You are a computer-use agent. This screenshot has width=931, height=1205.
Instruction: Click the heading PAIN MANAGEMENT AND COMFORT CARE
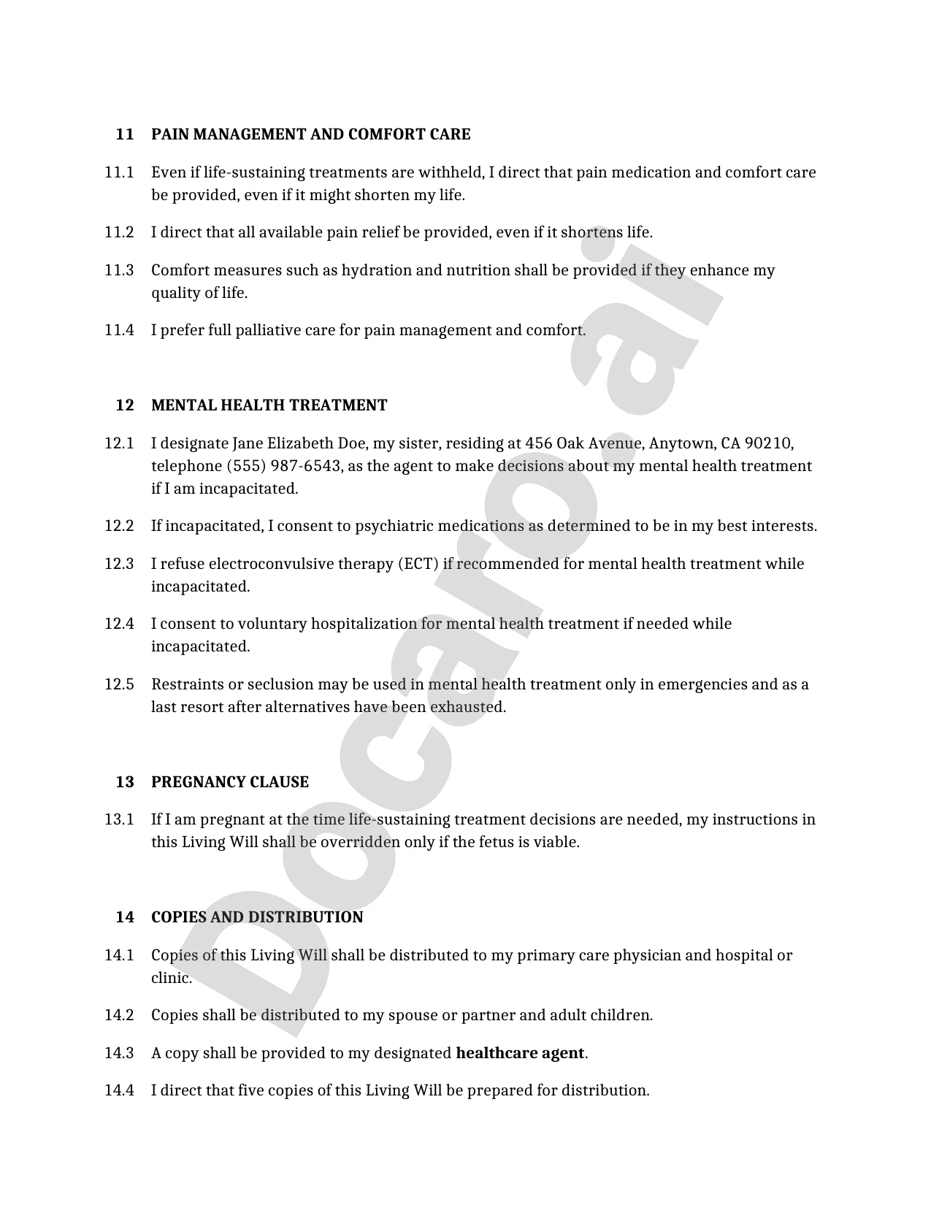(x=310, y=134)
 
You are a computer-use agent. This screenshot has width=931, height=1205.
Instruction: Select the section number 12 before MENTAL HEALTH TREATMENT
(x=125, y=405)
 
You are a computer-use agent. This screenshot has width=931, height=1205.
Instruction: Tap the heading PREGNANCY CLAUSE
(x=229, y=782)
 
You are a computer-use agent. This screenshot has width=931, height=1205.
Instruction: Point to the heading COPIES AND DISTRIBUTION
(x=256, y=917)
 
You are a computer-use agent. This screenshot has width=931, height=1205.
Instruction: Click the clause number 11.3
(x=119, y=270)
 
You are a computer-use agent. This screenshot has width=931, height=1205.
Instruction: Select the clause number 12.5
(x=119, y=684)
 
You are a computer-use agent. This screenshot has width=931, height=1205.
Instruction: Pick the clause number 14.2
(x=119, y=1015)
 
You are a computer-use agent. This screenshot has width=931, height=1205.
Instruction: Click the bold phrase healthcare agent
(x=520, y=1053)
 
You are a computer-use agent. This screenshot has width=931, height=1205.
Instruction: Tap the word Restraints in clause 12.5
(x=187, y=684)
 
